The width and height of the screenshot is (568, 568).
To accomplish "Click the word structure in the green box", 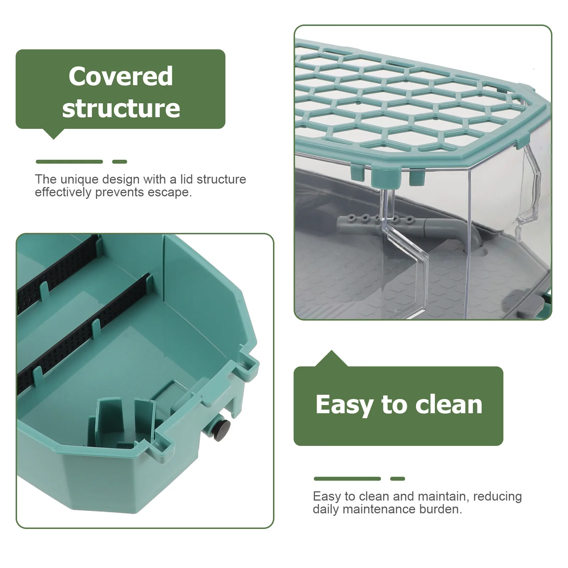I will [x=121, y=108].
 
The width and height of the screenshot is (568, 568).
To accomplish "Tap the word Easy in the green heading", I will [x=343, y=405].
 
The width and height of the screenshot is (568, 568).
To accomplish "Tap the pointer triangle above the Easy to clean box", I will [x=332, y=359].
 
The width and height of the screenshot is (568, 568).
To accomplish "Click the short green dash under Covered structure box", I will [x=120, y=162].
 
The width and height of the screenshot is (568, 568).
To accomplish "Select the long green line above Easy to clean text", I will [x=347, y=479].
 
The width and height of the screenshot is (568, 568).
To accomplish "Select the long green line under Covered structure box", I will [x=69, y=162].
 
